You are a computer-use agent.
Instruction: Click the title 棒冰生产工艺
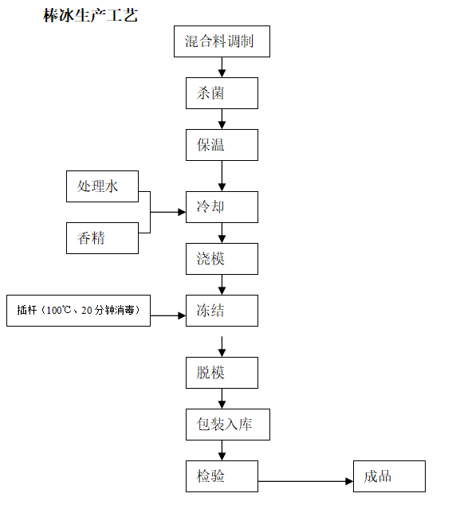(91, 15)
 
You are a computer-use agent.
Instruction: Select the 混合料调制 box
(222, 41)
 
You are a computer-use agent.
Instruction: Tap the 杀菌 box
(222, 93)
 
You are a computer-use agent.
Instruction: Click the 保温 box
(222, 145)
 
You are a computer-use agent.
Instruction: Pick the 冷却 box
(222, 207)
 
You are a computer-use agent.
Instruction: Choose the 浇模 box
(222, 259)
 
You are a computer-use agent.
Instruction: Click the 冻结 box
(222, 311)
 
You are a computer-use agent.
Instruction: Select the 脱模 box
(222, 373)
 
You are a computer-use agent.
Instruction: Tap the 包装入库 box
(228, 425)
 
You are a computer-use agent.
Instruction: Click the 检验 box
(222, 476)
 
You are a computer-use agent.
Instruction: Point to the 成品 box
(389, 476)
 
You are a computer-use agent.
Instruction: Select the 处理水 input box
(102, 186)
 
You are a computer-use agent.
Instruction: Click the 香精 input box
(102, 238)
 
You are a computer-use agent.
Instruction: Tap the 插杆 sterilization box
(78, 311)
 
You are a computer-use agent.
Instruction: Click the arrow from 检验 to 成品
(305, 481)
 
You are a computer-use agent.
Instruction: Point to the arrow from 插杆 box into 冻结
(168, 315)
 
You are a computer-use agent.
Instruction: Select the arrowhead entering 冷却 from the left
(182, 213)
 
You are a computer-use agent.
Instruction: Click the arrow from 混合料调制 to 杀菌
(222, 67)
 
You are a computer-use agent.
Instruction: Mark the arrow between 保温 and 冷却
(222, 176)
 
